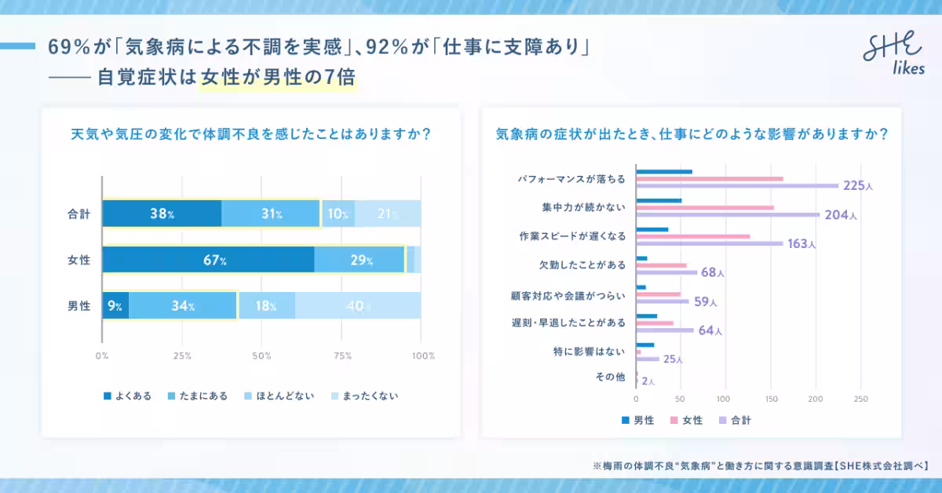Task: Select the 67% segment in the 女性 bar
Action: click(208, 260)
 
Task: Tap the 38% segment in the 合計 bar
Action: click(162, 214)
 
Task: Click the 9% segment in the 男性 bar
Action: click(115, 305)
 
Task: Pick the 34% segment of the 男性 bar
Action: click(183, 305)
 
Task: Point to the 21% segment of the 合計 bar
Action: click(388, 214)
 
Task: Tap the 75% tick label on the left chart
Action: click(341, 356)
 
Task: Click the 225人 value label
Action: click(858, 186)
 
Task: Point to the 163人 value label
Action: click(801, 243)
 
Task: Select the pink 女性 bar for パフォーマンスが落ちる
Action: click(709, 178)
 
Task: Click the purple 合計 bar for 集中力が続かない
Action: click(727, 214)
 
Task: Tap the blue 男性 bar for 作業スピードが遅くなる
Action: click(652, 230)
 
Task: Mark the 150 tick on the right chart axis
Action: click(771, 398)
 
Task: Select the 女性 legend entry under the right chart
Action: click(688, 420)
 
